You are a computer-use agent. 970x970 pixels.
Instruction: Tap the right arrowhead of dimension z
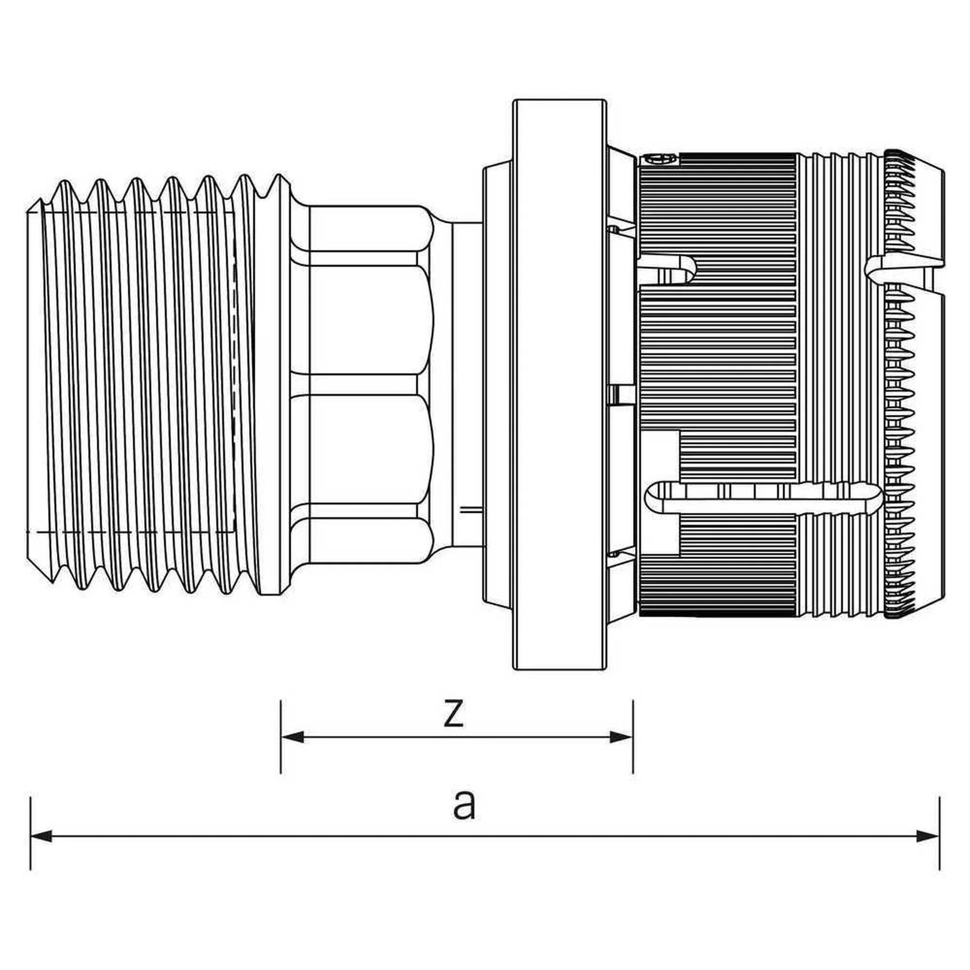620,751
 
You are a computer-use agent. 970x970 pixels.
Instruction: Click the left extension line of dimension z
281,736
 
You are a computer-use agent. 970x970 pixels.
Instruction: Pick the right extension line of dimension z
633,736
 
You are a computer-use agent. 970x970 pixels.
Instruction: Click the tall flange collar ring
560,385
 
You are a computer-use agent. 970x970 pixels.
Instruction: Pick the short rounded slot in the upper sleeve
669,270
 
